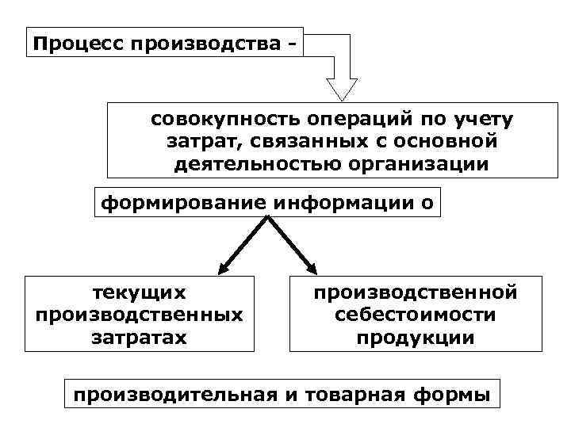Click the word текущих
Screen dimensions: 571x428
pyautogui.click(x=140, y=292)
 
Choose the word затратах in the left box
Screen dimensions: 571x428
pyautogui.click(x=140, y=337)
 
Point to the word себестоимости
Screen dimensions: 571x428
pyautogui.click(x=416, y=315)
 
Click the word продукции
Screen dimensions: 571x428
pyautogui.click(x=416, y=337)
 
